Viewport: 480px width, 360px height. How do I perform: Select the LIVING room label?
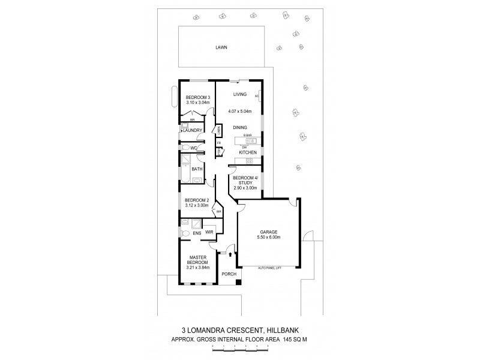tap(240, 94)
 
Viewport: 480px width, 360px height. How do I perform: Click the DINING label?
tap(241, 127)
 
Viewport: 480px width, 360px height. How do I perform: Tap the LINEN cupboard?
tap(220, 130)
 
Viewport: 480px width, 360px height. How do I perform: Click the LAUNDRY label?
tap(193, 130)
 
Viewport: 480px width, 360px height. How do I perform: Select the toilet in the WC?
tap(185, 147)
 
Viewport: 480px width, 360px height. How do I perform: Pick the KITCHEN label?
tap(247, 153)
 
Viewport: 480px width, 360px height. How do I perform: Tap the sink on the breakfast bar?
tap(251, 141)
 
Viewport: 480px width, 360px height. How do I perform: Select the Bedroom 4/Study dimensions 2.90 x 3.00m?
tap(246, 188)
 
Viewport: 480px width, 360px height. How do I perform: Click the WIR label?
tap(210, 232)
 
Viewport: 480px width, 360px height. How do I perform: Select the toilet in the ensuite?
tap(185, 233)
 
